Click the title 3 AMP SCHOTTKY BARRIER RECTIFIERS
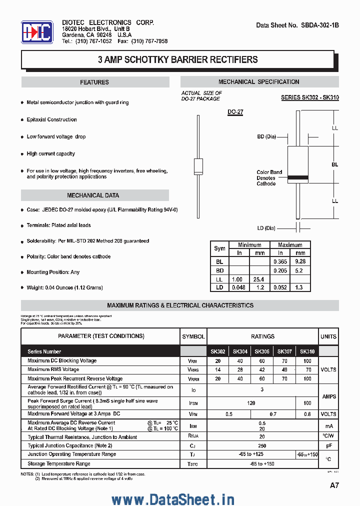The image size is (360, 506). tap(178, 60)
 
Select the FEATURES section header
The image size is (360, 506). tap(94, 82)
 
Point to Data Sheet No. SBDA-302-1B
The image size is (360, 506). tap(297, 25)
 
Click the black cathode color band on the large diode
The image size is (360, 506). tap(297, 176)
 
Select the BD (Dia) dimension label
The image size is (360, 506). tap(266, 136)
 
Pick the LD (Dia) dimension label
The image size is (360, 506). tap(266, 228)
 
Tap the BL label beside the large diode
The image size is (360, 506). tap(335, 164)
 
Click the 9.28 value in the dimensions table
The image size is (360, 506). tap(300, 261)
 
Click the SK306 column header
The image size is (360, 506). tap(262, 351)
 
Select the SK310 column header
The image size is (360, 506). tap(307, 351)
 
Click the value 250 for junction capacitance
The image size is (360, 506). tap(262, 445)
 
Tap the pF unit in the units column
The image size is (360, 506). tap(328, 445)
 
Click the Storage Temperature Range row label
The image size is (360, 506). tap(59, 463)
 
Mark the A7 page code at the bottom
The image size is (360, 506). tap(334, 485)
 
